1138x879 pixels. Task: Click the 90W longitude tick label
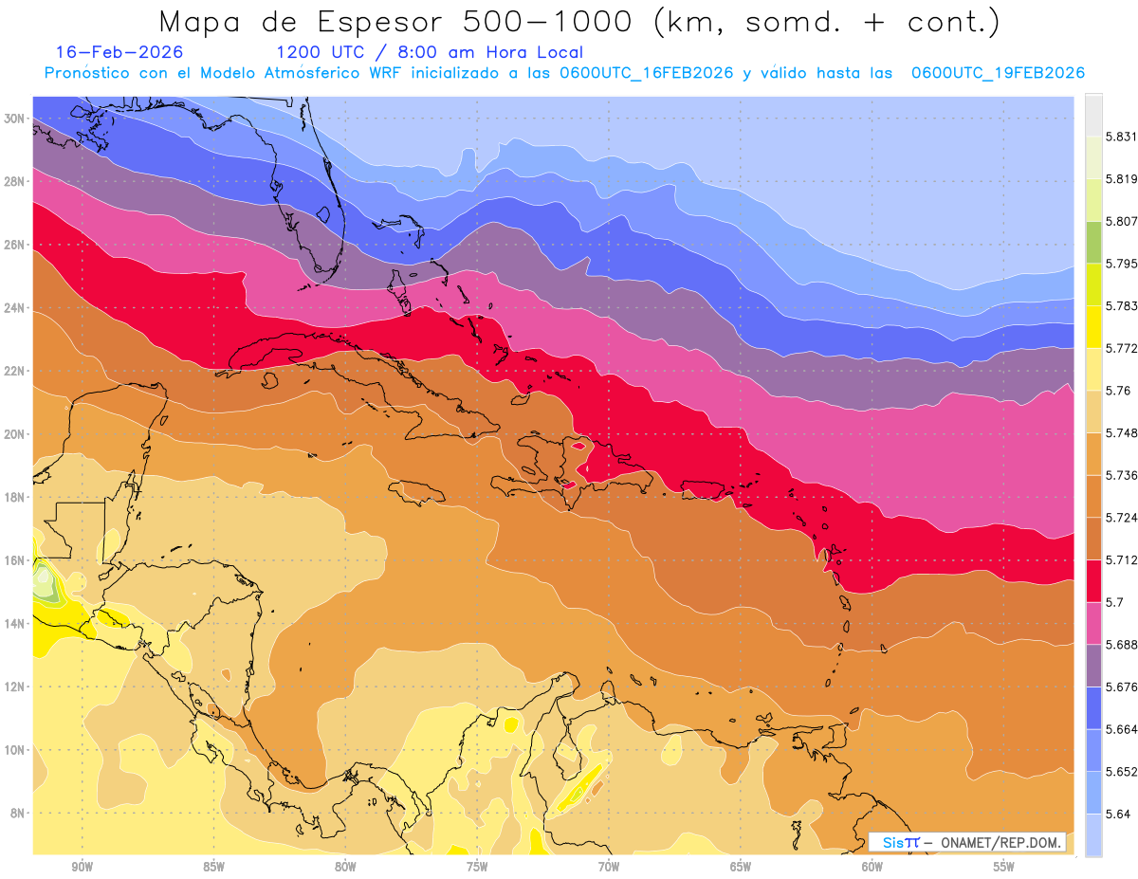tap(82, 867)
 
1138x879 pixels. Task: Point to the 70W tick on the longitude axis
tap(609, 867)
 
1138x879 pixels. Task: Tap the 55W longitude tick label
tap(1004, 867)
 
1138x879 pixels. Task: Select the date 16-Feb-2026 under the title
tap(119, 52)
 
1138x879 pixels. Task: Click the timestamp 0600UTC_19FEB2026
tap(998, 73)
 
